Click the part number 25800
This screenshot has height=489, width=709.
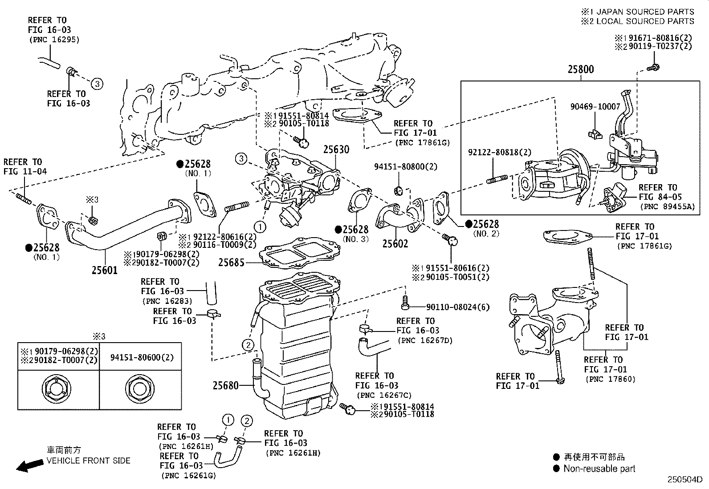click(580, 69)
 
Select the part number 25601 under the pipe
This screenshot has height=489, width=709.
click(105, 270)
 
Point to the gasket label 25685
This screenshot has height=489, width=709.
click(231, 263)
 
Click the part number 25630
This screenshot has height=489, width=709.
click(336, 150)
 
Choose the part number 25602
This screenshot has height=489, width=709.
click(395, 243)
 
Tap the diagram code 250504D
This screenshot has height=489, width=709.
click(684, 480)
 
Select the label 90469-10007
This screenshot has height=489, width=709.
click(595, 107)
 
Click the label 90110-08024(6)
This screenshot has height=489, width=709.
click(458, 307)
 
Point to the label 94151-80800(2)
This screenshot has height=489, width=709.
click(406, 167)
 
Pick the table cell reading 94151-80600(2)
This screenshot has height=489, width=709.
click(142, 357)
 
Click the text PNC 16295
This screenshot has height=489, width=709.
click(54, 40)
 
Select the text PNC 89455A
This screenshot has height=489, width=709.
click(667, 206)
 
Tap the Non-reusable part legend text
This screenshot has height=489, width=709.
click(599, 469)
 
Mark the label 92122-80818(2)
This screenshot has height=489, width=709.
click(499, 152)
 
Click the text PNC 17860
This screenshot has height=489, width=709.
click(611, 379)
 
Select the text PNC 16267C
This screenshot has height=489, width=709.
click(384, 395)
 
